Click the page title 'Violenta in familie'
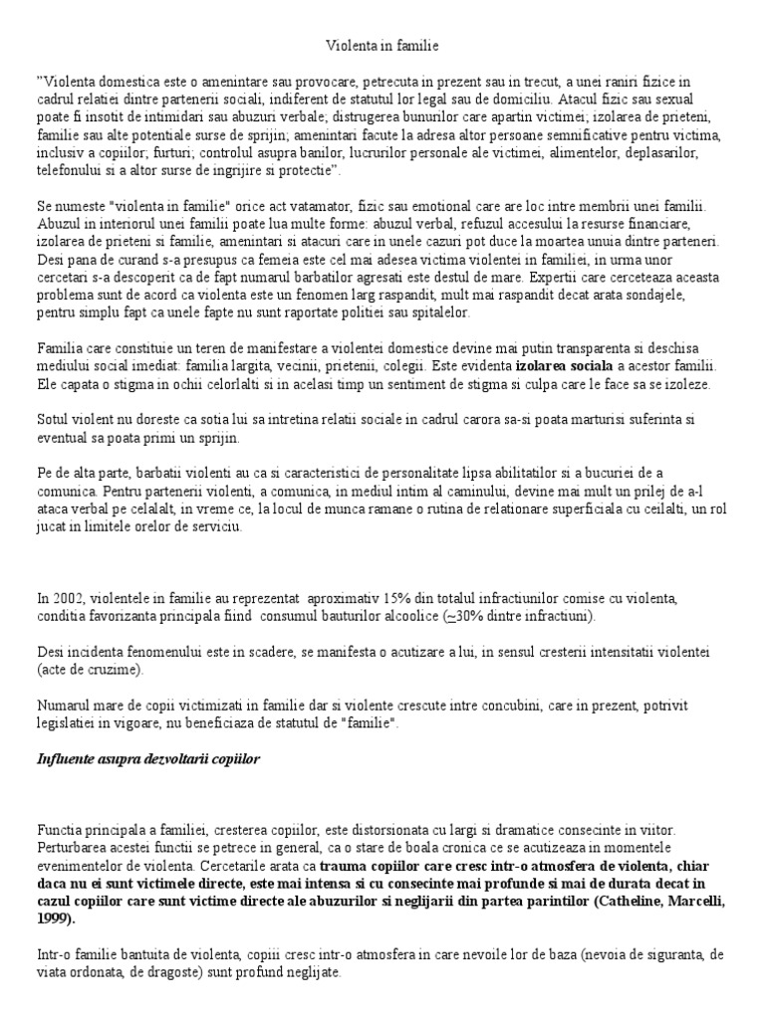(382, 46)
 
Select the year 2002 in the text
(64, 598)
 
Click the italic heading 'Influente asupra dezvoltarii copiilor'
(148, 758)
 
